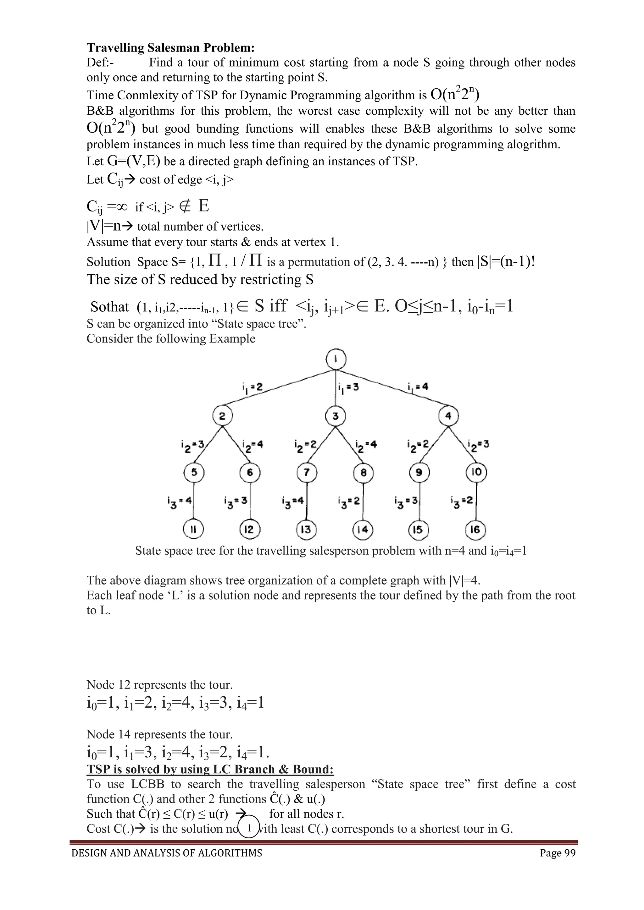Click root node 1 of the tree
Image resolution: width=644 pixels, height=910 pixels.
tap(336, 359)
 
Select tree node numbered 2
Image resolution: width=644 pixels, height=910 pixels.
tap(222, 416)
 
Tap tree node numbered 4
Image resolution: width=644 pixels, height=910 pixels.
tap(448, 416)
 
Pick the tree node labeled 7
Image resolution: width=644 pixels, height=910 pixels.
tap(307, 472)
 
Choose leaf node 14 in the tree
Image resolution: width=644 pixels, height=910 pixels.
tap(363, 529)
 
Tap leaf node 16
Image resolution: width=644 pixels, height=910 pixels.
tap(475, 529)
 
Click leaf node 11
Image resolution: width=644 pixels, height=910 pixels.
tap(193, 529)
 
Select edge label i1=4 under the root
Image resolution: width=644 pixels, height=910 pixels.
tap(418, 387)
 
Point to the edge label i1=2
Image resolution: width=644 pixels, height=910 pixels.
tap(252, 387)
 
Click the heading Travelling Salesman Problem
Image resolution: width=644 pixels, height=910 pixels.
tap(170, 48)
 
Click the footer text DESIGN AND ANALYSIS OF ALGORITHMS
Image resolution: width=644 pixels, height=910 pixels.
tap(167, 864)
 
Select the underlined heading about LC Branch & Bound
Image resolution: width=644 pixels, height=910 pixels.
tap(210, 769)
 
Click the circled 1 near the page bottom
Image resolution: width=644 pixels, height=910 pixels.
tap(249, 828)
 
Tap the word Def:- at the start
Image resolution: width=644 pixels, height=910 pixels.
tap(100, 63)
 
